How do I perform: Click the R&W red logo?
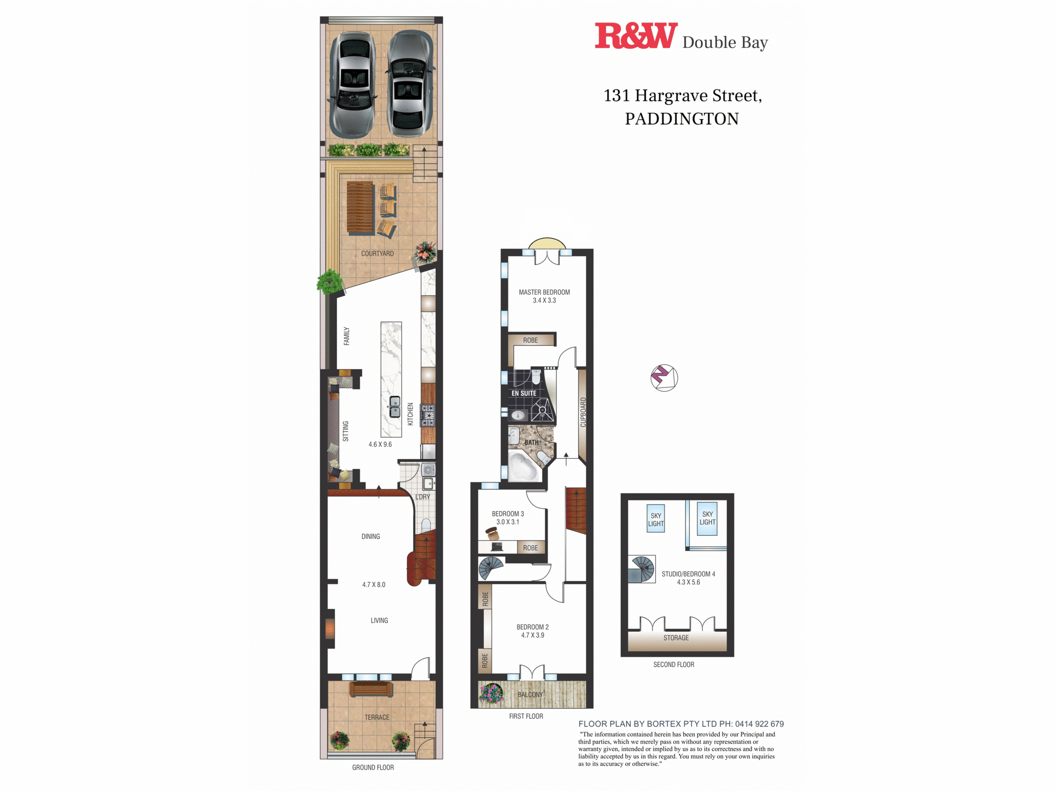point(636,36)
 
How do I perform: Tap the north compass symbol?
point(664,378)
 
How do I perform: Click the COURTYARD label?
point(377,254)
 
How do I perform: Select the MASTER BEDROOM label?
point(544,292)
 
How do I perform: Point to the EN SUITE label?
point(524,393)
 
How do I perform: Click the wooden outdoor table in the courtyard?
point(360,207)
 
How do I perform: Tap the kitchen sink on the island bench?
point(395,407)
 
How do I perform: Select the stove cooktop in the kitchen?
point(427,415)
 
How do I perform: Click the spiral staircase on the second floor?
point(642,569)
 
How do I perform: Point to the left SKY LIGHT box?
point(656,519)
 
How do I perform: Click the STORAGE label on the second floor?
point(676,638)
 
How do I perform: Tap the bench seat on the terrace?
point(371,689)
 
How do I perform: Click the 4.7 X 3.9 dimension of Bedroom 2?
point(532,635)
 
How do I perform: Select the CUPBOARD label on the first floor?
point(583,412)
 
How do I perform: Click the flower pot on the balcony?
point(492,694)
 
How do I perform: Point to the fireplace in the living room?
point(330,628)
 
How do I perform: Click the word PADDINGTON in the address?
point(682,119)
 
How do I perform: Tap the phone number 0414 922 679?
point(759,724)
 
